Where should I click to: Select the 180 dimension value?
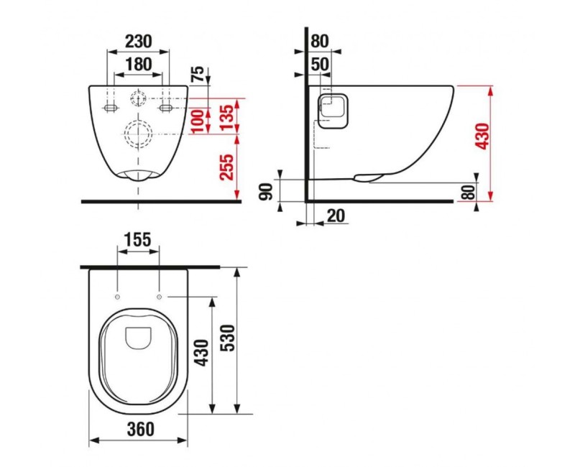[138, 65]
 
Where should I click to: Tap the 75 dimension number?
[198, 75]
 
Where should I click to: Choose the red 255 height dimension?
[226, 167]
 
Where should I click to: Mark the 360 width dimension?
[138, 430]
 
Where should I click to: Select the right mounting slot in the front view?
[165, 107]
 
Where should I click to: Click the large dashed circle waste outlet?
[137, 133]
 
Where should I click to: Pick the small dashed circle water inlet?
[137, 98]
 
